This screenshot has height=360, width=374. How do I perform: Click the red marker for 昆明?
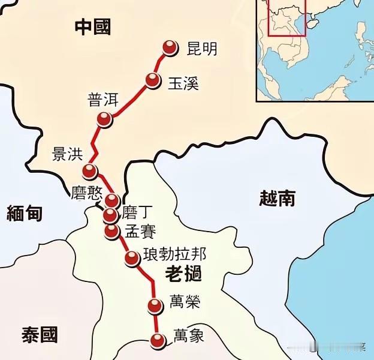coord(171,49)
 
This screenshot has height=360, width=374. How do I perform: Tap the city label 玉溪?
coord(183,83)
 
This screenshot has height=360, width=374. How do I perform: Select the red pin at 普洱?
coord(105,120)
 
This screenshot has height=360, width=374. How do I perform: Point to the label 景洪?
coord(68,154)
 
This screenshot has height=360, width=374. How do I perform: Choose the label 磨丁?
coord(138,212)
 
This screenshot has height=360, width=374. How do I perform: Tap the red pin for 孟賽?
coord(111,231)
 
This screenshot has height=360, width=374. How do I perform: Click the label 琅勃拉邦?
coord(174,255)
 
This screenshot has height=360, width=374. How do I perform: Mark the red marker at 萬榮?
coord(155,306)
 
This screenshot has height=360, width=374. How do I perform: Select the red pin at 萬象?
coord(158,341)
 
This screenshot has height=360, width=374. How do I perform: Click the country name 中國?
coord(93,26)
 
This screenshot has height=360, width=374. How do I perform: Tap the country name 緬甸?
coord(24,212)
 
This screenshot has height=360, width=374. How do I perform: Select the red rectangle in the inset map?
coord(286,18)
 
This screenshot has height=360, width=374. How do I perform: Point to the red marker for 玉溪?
coord(153,82)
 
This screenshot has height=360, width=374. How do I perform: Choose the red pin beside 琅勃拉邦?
coord(132,259)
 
